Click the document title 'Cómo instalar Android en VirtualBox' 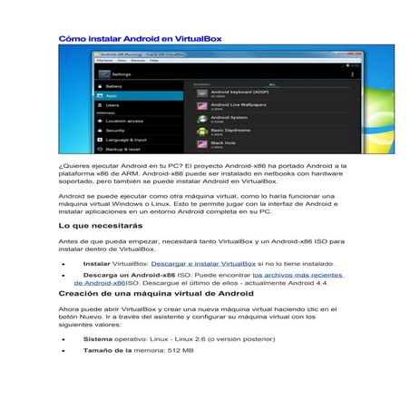(140, 39)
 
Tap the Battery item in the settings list (116, 85)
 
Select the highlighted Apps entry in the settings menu (112, 95)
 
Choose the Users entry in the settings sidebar (113, 105)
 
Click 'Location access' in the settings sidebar (123, 121)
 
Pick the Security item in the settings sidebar (115, 131)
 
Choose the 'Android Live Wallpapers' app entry (238, 106)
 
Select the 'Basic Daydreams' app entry (230, 132)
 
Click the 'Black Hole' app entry (223, 144)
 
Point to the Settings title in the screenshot (122, 73)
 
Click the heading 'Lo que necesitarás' (100, 224)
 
